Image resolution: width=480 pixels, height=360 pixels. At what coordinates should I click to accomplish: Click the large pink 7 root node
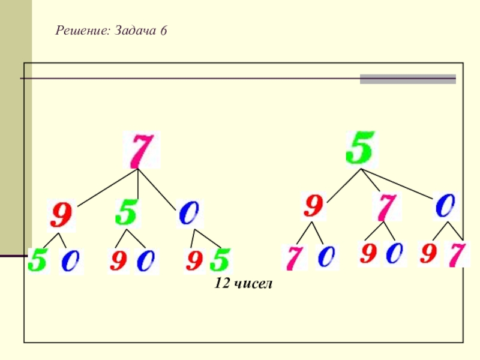tap(142, 150)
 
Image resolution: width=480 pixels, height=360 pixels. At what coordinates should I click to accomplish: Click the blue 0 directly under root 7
tap(190, 214)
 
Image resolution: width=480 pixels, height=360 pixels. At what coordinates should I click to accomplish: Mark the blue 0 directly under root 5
tap(446, 207)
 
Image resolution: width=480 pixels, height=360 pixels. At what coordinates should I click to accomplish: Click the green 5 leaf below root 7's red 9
tap(37, 261)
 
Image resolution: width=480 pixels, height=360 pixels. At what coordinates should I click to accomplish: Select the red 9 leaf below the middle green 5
tap(118, 261)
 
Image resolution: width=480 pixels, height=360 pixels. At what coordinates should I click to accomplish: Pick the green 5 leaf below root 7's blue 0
tap(221, 260)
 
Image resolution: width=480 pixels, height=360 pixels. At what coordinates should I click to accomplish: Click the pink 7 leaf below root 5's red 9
tap(293, 258)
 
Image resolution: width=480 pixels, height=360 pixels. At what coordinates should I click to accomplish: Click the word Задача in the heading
tap(134, 30)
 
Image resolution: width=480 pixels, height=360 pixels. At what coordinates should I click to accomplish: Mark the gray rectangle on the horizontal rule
tap(407, 79)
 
